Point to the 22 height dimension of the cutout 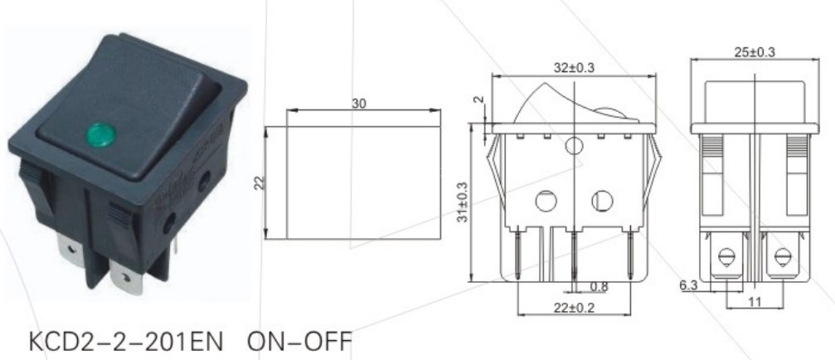point(258,182)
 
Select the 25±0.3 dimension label point(755,51)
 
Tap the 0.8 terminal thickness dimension point(598,287)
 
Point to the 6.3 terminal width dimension point(688,285)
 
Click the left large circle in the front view point(545,201)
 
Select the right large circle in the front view point(601,201)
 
